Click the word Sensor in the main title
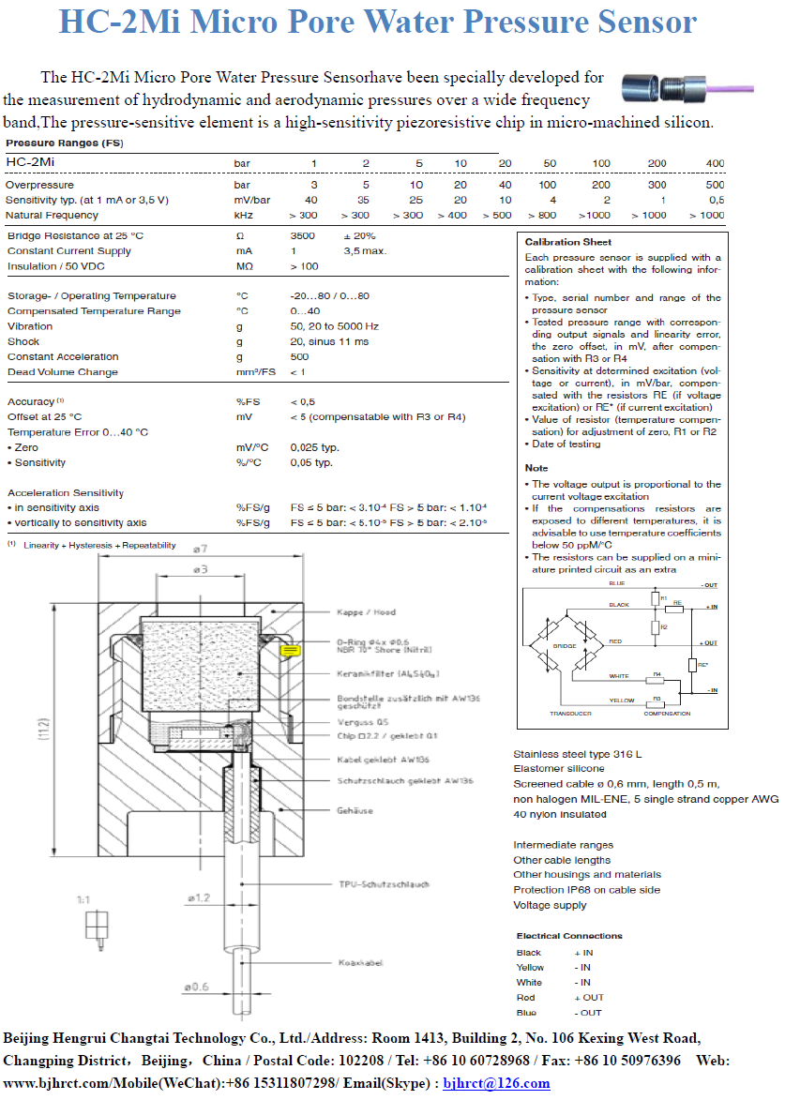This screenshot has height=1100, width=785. [635, 22]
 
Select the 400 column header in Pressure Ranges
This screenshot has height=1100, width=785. [715, 163]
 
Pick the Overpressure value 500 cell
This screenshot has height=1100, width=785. [715, 185]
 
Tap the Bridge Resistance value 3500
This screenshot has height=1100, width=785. [303, 235]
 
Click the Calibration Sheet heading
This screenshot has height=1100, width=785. [567, 242]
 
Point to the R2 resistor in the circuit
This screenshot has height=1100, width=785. [655, 626]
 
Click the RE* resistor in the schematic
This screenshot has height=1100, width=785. [692, 665]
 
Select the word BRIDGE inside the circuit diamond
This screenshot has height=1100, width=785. [565, 647]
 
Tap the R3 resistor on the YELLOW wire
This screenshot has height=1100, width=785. [657, 699]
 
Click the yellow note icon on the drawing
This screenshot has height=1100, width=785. [290, 649]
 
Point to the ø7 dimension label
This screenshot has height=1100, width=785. [200, 548]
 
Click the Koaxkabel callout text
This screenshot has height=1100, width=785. [360, 962]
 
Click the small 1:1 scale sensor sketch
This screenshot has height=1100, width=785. [95, 927]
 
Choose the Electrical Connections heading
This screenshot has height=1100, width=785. [568, 936]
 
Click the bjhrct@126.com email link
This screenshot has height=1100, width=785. [496, 1083]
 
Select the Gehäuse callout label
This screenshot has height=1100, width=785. [355, 810]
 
